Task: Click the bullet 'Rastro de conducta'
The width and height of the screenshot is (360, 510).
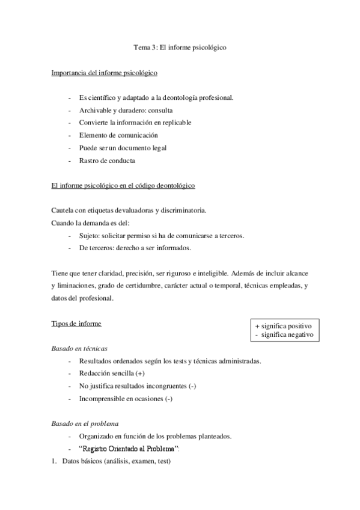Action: pos(107,161)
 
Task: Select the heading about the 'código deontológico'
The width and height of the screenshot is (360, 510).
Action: pos(123,186)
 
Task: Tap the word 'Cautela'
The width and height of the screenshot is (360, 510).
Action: pos(64,211)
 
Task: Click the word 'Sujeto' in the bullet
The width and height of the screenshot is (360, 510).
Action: pos(90,235)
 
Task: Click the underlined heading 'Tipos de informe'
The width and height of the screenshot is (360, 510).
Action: pos(76,324)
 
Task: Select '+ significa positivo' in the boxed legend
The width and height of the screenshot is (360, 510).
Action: pos(284,325)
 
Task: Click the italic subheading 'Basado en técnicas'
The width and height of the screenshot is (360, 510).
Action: pos(79,348)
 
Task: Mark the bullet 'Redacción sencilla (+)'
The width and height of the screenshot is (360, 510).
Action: pos(111,373)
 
